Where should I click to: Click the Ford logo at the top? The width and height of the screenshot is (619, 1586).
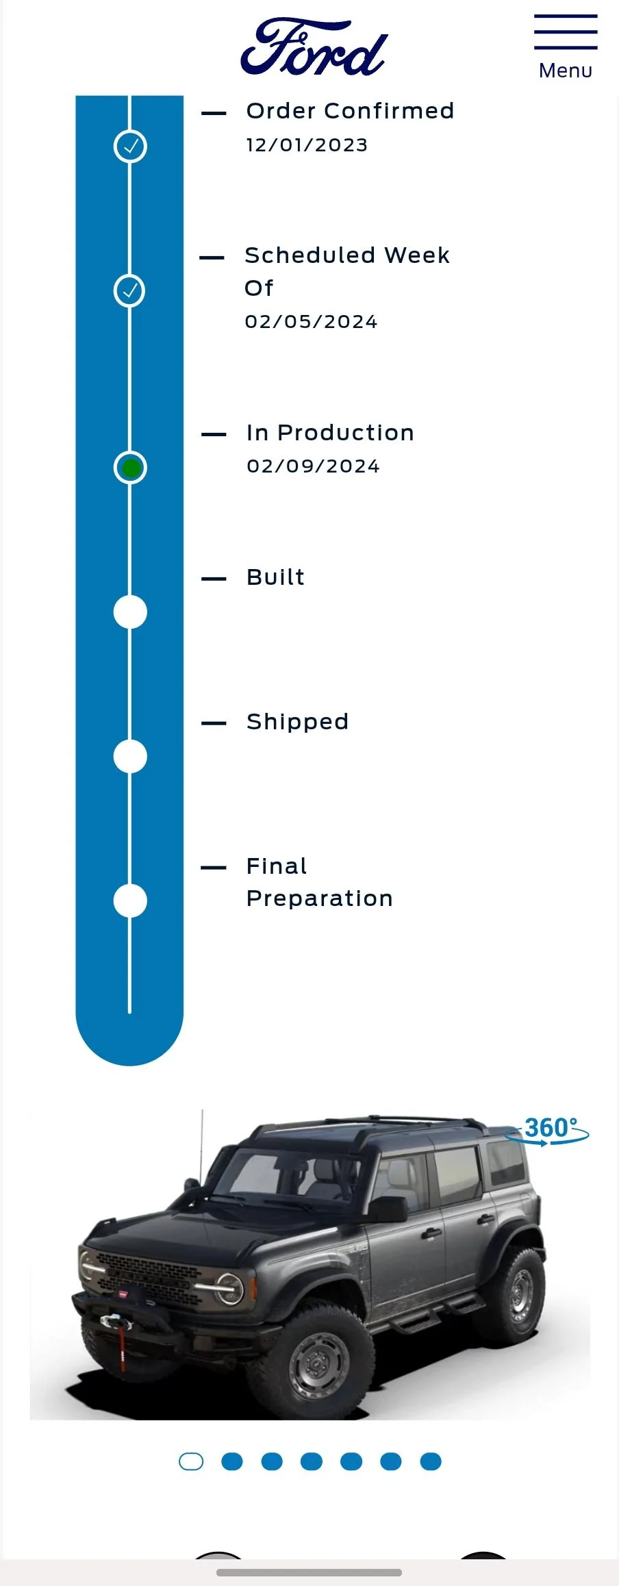click(x=314, y=47)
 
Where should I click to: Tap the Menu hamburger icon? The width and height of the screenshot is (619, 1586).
click(x=566, y=32)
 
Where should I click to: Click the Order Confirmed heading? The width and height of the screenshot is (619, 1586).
click(x=350, y=110)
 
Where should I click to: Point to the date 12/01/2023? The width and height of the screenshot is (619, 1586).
click(x=307, y=145)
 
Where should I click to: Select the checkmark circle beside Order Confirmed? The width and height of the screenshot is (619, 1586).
click(x=130, y=146)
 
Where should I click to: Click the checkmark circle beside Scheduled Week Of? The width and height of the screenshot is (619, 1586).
click(x=130, y=290)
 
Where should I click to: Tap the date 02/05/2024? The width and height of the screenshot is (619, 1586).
click(x=311, y=322)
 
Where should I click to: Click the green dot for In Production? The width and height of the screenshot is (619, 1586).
click(x=130, y=468)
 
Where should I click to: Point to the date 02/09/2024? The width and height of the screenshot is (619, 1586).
click(x=313, y=466)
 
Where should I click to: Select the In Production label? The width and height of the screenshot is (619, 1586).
click(x=330, y=433)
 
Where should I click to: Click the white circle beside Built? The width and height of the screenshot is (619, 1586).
click(x=130, y=612)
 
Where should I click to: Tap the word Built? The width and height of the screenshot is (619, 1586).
click(x=275, y=577)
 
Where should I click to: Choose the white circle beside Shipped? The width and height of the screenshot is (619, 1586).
click(x=130, y=757)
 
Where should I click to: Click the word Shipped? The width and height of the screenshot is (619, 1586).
click(x=298, y=722)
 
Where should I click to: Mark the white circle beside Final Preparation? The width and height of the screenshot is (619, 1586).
click(x=130, y=901)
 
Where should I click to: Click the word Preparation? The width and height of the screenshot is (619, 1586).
click(x=320, y=898)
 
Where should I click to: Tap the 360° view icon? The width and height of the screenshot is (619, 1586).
click(x=547, y=1131)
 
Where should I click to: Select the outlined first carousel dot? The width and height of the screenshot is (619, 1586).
click(x=191, y=1461)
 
